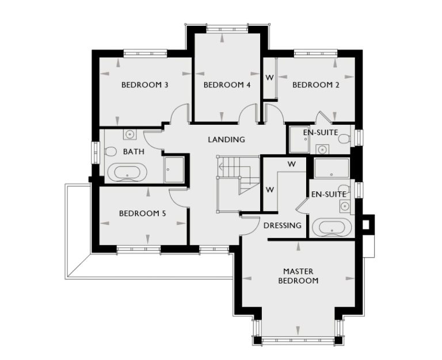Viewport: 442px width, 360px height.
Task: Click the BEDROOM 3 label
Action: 144,85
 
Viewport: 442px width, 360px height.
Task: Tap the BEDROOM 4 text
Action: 227,85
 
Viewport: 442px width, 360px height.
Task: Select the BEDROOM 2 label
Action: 315,85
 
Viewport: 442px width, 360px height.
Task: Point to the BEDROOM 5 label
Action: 142,213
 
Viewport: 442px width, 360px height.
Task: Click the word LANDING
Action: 226,140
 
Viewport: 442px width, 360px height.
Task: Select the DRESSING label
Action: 282,225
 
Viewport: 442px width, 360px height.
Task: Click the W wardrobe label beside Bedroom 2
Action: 269,77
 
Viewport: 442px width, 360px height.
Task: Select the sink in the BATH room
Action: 131,135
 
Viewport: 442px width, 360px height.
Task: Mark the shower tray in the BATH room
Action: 174,169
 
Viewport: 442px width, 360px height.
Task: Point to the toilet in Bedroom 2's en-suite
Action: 344,139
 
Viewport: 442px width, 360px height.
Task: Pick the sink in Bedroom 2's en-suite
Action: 322,150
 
